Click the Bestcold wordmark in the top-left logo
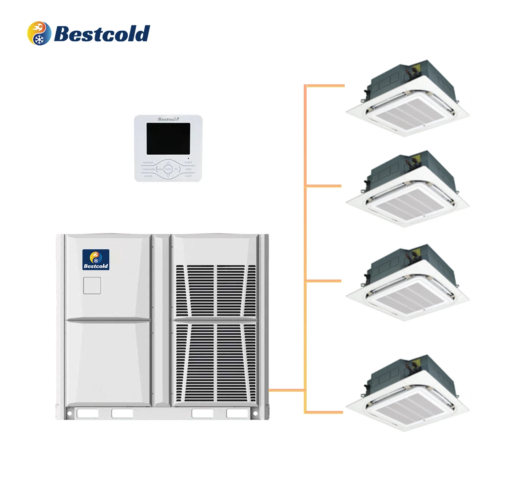[x=102, y=34]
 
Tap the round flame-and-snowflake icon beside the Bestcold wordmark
[x=39, y=33]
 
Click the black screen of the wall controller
[x=168, y=138]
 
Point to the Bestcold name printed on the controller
[x=168, y=119]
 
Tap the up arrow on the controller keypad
[x=168, y=163]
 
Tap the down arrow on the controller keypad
[x=168, y=176]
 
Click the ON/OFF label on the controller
[x=188, y=163]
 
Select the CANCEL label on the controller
[x=148, y=176]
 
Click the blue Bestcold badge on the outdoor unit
[x=96, y=260]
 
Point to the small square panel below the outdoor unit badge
[x=92, y=286]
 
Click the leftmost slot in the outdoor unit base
[x=88, y=413]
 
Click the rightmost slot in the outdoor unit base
[x=237, y=413]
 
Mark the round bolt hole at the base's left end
[x=70, y=413]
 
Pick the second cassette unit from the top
[x=408, y=189]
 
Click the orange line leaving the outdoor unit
[x=287, y=390]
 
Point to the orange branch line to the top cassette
[x=326, y=86]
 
